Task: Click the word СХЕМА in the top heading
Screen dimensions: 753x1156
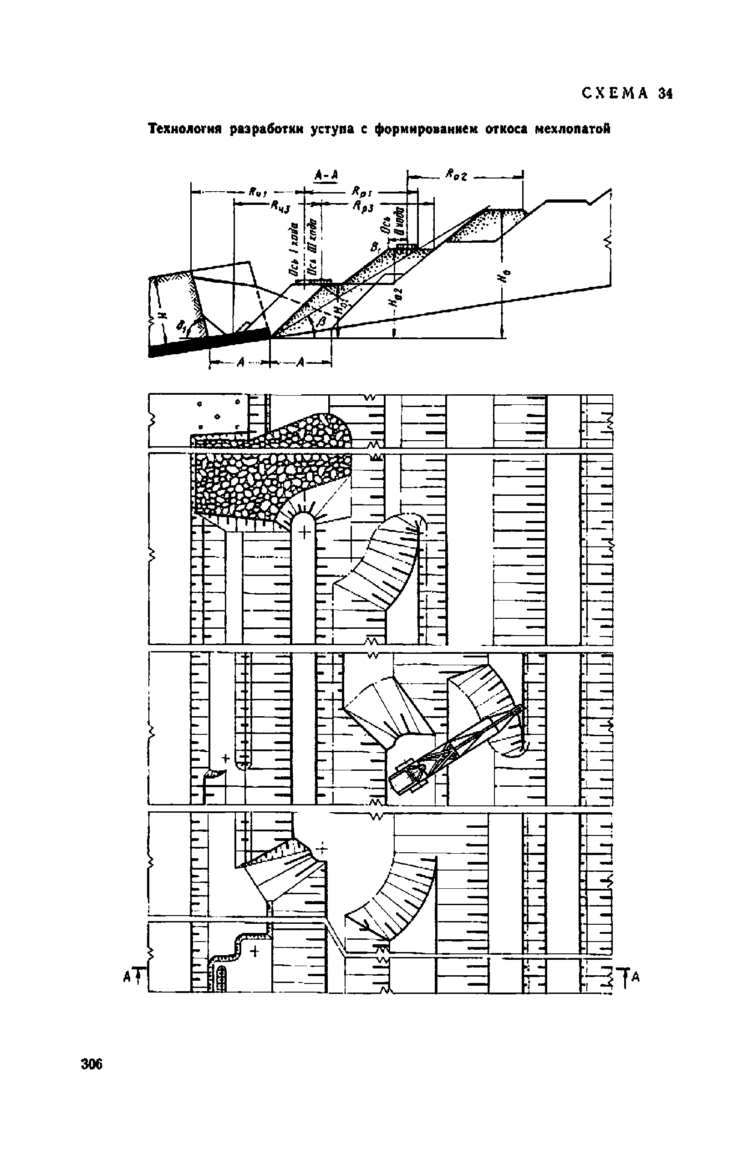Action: (x=615, y=93)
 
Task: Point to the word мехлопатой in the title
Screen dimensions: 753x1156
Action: (x=572, y=130)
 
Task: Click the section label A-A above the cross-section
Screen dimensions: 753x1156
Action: (x=326, y=175)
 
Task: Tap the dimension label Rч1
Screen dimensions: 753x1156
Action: (x=256, y=192)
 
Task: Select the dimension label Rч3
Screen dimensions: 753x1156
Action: (x=281, y=206)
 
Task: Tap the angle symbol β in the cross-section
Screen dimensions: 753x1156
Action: (x=319, y=321)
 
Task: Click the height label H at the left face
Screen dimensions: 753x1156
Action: (x=162, y=314)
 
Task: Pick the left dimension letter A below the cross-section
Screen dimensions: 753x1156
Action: (x=239, y=362)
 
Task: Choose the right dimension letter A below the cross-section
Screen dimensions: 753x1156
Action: (x=301, y=362)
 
